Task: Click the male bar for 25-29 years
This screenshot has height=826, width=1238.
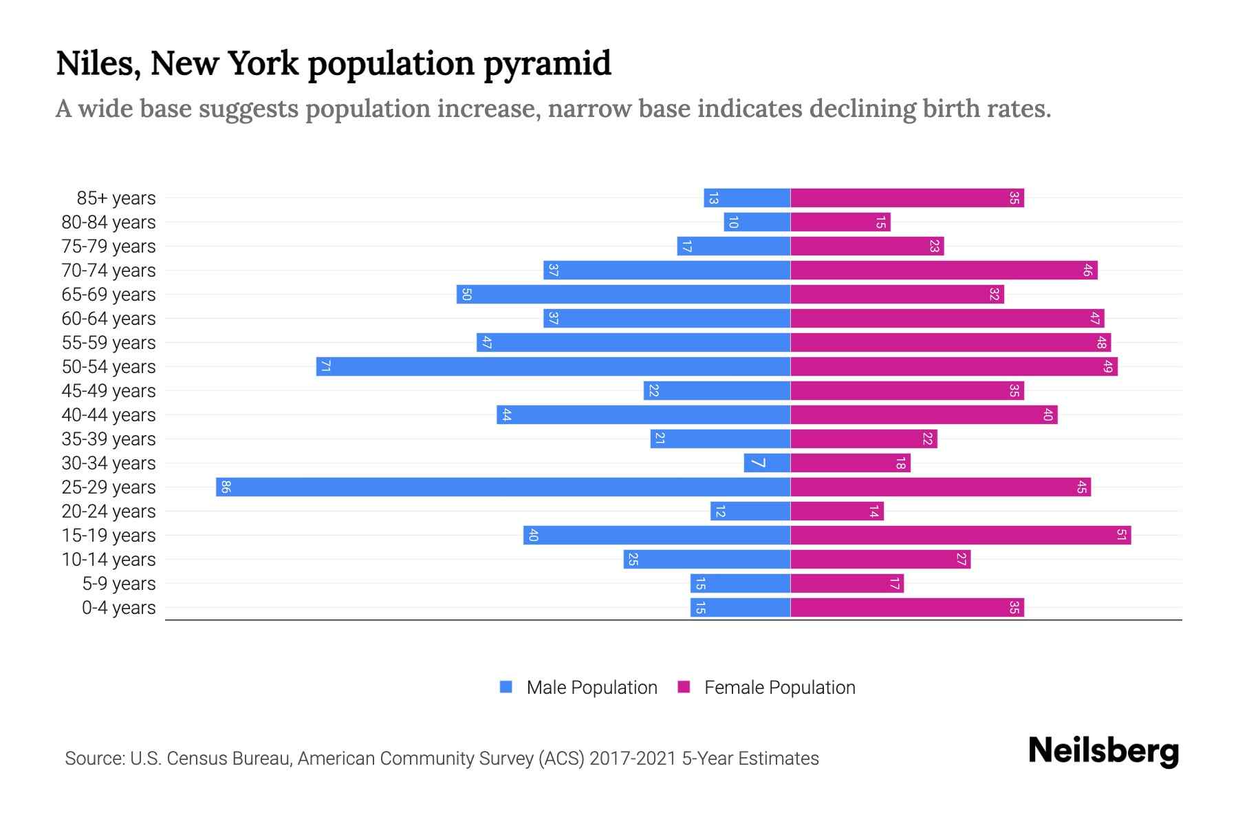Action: point(502,487)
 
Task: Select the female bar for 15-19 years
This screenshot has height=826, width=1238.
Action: point(960,536)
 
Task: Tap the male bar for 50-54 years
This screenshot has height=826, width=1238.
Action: point(553,367)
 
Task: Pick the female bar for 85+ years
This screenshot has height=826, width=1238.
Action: point(906,198)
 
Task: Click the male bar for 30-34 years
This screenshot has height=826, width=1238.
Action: point(767,463)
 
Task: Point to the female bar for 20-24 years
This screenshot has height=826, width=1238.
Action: point(836,511)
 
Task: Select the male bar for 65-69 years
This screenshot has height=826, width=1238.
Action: point(623,295)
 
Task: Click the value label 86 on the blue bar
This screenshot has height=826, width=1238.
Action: point(226,487)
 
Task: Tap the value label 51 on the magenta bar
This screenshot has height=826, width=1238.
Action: point(1121,536)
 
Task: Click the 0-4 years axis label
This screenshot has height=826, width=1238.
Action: point(118,608)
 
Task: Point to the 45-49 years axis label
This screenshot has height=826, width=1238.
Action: point(109,391)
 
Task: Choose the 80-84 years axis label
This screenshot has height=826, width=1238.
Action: point(109,222)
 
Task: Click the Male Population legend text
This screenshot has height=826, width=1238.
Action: point(591,688)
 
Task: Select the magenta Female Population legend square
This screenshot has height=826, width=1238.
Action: point(684,687)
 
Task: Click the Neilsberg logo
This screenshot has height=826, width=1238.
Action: point(1103,751)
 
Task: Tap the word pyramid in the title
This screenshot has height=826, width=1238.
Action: point(547,64)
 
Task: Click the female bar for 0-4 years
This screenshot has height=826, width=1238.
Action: point(906,608)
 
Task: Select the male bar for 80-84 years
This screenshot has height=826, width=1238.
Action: point(757,222)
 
